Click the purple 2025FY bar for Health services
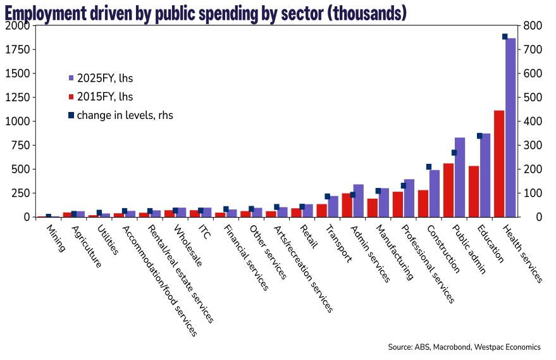[x=510, y=127]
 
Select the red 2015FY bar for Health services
[x=499, y=164]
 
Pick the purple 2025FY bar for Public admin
[x=460, y=177]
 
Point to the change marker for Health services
[x=505, y=37]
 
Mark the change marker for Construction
[x=429, y=167]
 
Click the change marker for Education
[x=479, y=136]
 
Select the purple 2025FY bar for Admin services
[x=359, y=201]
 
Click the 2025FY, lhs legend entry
[x=104, y=78]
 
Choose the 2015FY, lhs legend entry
[x=104, y=97]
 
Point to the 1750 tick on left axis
[x=16, y=49]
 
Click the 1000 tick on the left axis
[x=16, y=121]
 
